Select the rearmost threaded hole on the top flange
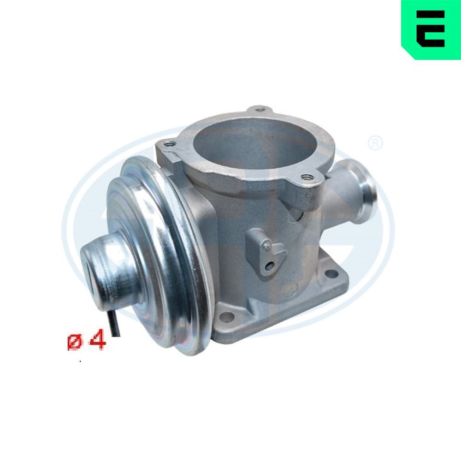tap(260, 110)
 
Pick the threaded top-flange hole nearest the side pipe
tap(305, 177)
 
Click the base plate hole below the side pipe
tap(331, 275)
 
